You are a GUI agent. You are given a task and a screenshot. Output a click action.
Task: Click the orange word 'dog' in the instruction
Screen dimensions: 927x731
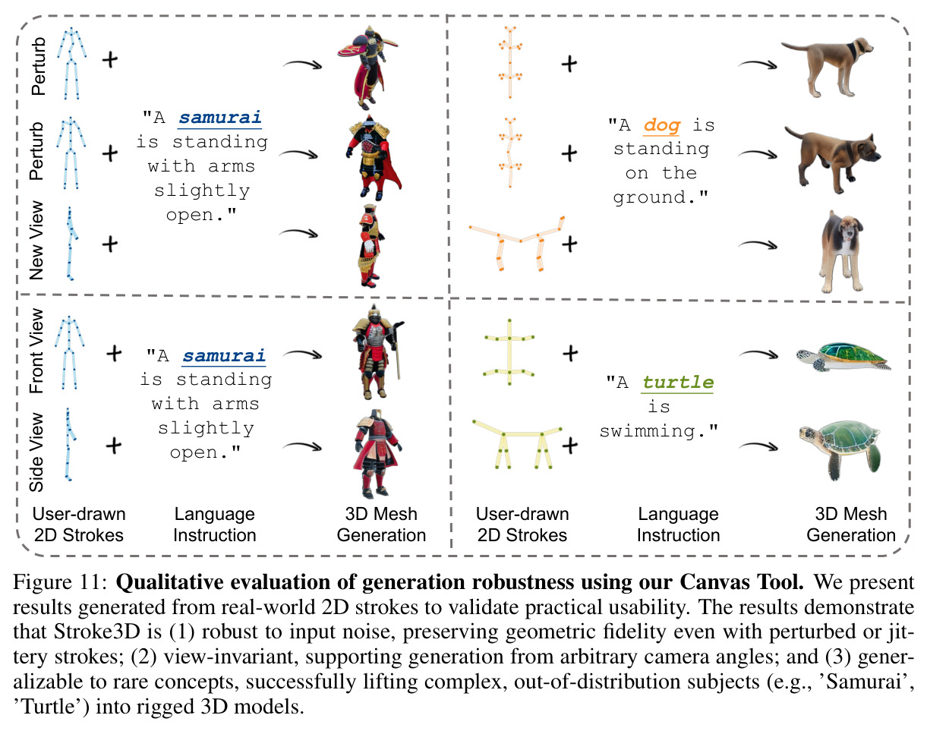click(662, 125)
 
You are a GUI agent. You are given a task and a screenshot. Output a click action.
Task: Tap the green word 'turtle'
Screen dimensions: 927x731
click(678, 382)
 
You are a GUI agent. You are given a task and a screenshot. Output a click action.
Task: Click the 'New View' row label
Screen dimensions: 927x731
click(36, 240)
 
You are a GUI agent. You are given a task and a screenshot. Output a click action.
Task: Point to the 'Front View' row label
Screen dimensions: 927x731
click(36, 350)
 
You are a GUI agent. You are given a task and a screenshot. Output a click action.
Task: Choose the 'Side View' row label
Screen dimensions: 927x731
click(36, 452)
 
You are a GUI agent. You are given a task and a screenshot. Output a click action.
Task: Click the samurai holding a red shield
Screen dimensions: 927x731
click(367, 67)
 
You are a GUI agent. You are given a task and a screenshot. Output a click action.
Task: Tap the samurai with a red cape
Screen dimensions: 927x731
click(373, 157)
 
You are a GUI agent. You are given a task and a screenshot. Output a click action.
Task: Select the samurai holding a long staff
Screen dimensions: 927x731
click(377, 351)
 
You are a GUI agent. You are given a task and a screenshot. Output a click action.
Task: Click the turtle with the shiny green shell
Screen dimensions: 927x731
click(842, 356)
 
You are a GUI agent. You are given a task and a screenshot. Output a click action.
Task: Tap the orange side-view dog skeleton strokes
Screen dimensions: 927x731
click(517, 242)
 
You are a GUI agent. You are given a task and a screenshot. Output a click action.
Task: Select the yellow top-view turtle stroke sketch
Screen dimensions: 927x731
click(509, 352)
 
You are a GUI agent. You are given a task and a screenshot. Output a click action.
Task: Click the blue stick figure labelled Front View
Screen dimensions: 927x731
click(69, 353)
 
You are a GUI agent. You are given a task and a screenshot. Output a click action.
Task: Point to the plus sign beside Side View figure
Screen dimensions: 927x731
click(114, 445)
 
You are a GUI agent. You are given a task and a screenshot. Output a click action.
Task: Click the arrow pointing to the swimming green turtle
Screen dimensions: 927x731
click(758, 446)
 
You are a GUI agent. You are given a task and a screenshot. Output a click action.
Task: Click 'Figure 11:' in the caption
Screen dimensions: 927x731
click(60, 582)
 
